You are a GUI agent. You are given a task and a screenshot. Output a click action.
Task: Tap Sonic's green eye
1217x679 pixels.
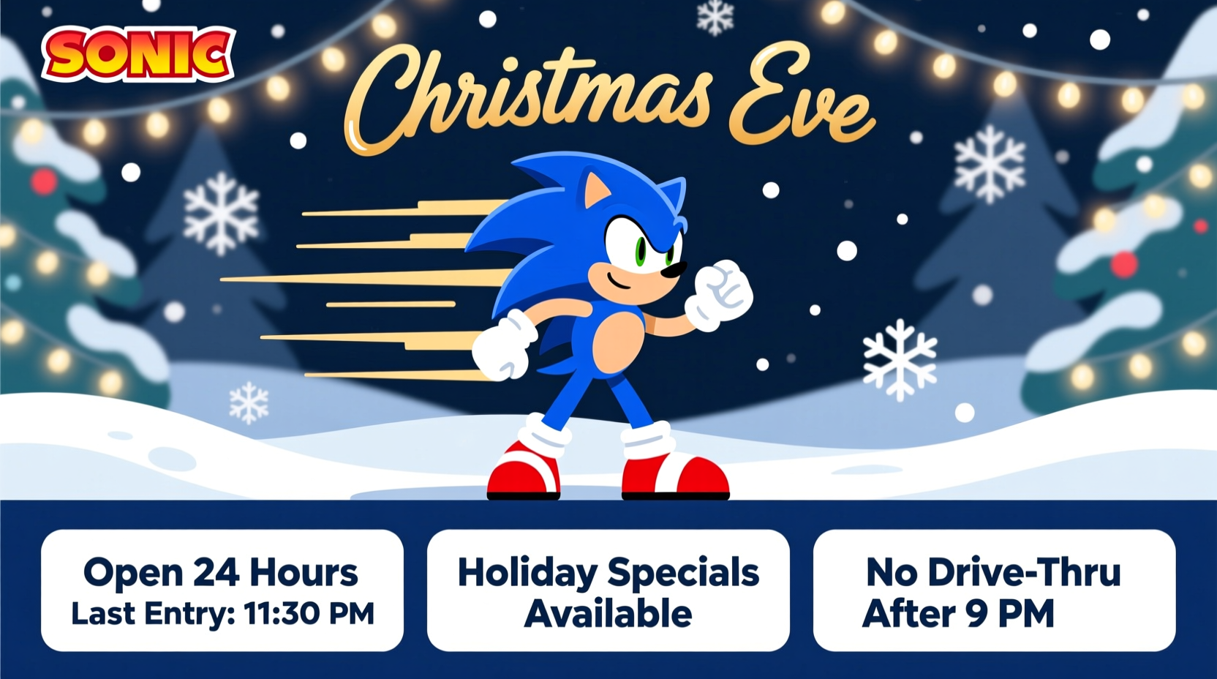coord(641,251)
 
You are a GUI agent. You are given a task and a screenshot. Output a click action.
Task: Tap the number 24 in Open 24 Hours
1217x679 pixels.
coord(216,572)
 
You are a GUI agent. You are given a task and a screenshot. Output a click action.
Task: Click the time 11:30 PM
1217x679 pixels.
coord(309,614)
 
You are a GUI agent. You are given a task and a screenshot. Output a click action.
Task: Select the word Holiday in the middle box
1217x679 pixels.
coord(527,573)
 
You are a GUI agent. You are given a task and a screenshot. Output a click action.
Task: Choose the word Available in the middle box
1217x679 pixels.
coord(608,614)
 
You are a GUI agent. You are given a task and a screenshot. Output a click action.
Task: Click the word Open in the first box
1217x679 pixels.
coord(132,573)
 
